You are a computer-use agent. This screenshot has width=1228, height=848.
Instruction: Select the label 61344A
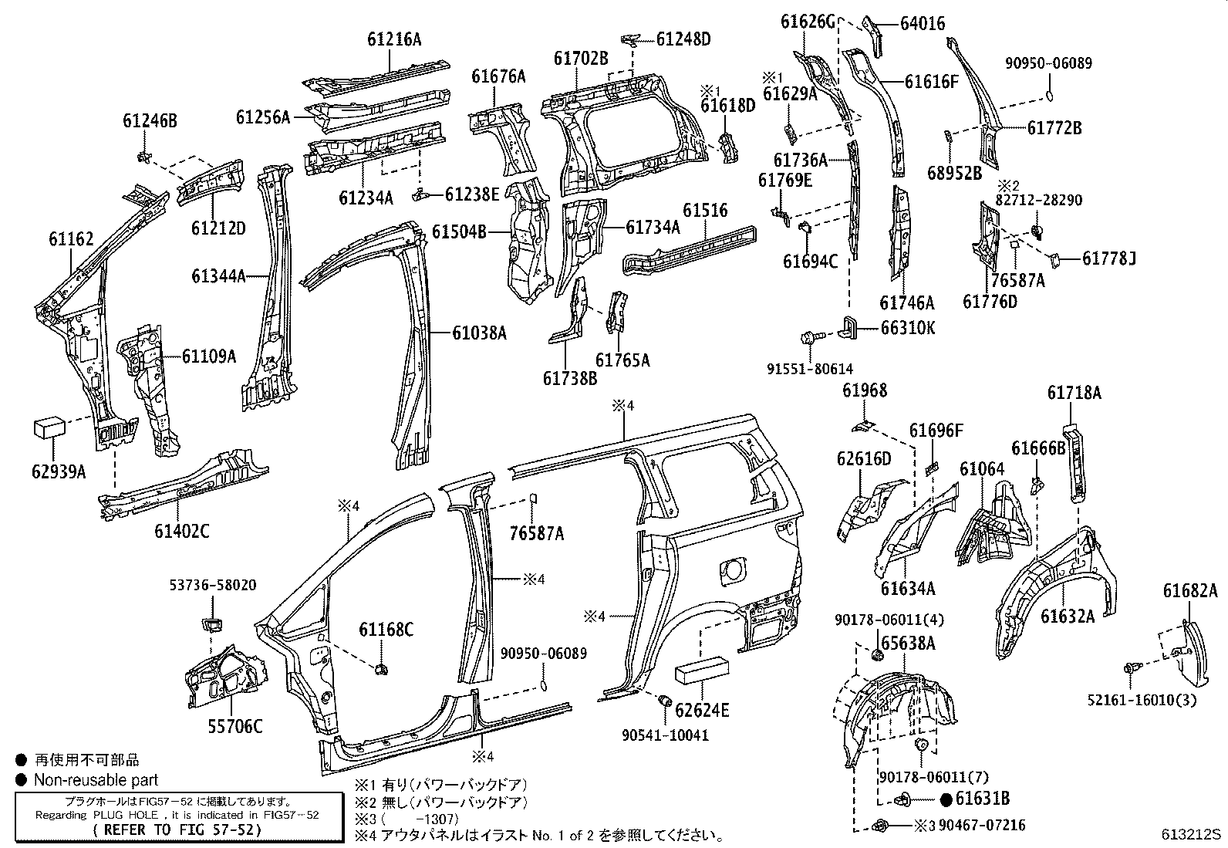coord(219,275)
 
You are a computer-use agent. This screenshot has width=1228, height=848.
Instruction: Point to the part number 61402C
coord(181,530)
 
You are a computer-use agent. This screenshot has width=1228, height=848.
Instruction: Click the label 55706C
coord(235,726)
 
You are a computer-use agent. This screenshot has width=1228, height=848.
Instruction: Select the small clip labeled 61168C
coord(380,668)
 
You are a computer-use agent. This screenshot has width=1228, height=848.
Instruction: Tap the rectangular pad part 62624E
coord(701,671)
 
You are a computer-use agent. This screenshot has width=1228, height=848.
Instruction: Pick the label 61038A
coord(479,333)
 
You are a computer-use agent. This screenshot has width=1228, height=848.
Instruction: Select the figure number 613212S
coord(1193,834)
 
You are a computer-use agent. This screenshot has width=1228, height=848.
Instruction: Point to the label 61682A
coord(1190,592)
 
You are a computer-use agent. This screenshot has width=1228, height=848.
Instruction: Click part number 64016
coord(922,24)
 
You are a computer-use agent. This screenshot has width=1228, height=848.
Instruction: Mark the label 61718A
coord(1074,393)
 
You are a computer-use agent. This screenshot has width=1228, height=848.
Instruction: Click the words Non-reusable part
coord(96,780)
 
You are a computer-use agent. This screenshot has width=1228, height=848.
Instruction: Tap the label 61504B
coord(459,231)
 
